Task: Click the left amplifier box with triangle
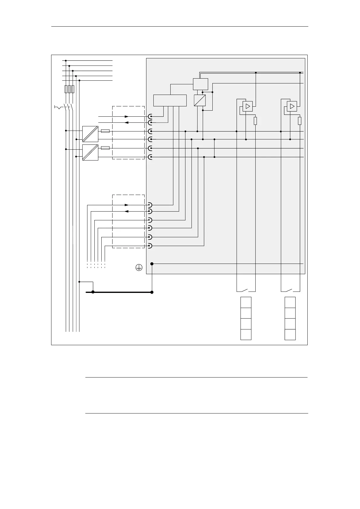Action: [247, 106]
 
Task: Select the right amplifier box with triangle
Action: [292, 106]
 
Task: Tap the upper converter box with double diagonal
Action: [90, 134]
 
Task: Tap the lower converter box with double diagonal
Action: [90, 152]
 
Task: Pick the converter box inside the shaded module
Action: [200, 100]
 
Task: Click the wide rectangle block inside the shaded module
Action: [170, 100]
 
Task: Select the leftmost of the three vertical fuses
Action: [66, 89]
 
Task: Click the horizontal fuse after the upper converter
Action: [105, 131]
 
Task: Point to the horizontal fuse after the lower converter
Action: [105, 148]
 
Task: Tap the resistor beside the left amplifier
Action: [255, 121]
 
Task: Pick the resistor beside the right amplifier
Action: [299, 121]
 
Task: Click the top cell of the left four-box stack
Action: [246, 302]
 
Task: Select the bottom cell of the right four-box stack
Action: [290, 335]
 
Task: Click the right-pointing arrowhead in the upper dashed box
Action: [127, 116]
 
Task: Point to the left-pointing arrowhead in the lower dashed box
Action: [127, 211]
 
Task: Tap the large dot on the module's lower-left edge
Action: [152, 264]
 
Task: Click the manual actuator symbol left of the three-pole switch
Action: [58, 107]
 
